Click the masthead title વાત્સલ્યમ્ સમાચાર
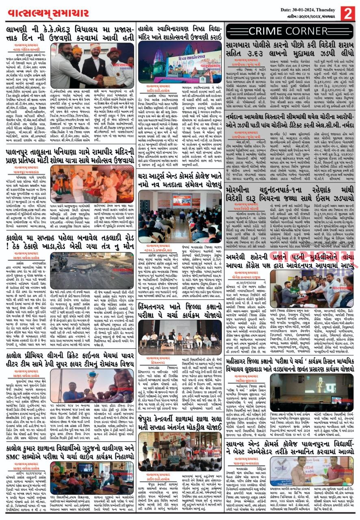[x=48, y=13]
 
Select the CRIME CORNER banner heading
[x=289, y=31]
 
